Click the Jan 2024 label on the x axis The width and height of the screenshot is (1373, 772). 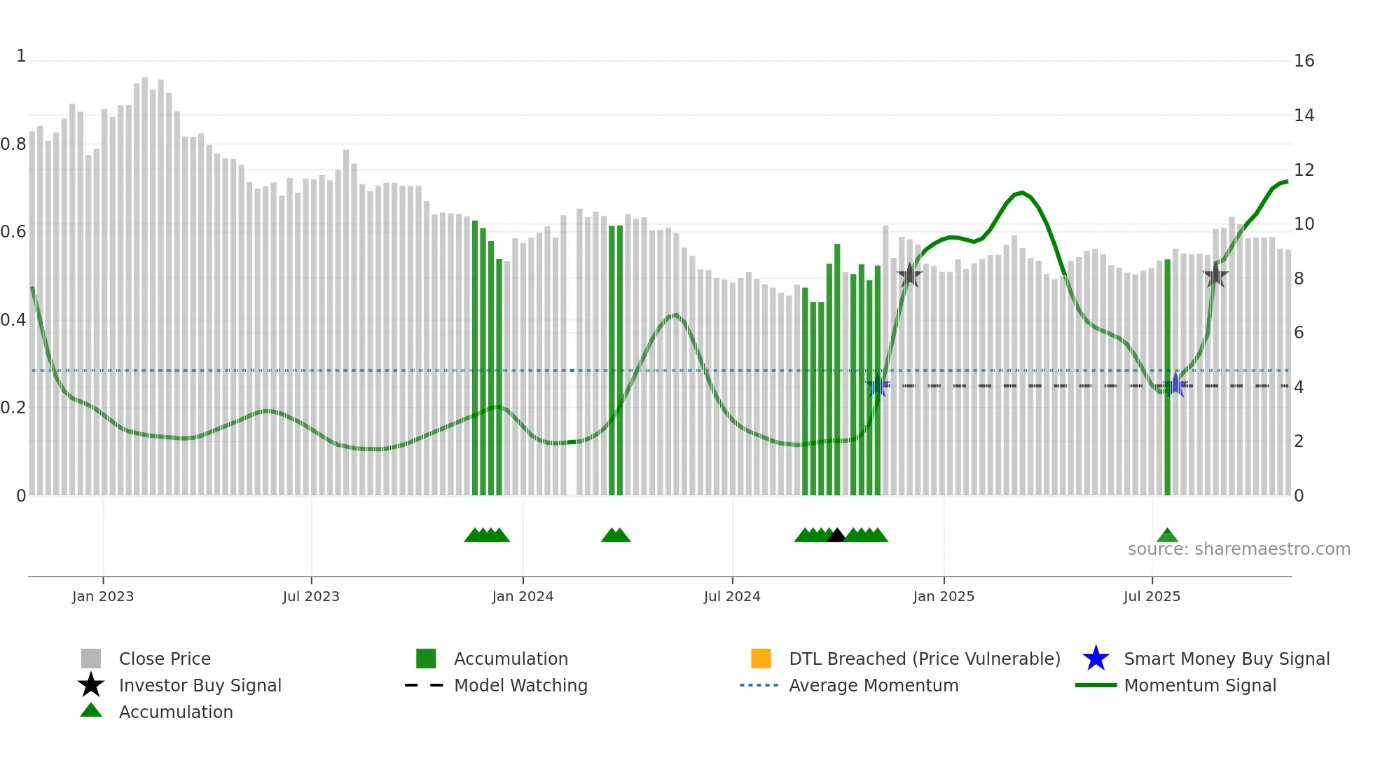[x=523, y=596]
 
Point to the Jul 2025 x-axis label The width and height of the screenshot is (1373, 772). [x=1152, y=596]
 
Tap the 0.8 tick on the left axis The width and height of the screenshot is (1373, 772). [x=13, y=144]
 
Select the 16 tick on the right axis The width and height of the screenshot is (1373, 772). [x=1304, y=61]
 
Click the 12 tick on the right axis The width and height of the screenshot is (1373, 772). [x=1304, y=170]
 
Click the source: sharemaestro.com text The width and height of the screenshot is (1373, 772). [x=1239, y=549]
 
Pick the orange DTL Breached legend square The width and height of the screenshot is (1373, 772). [x=761, y=659]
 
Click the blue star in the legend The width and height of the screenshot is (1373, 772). [x=1096, y=659]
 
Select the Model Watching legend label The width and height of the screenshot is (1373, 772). [x=520, y=685]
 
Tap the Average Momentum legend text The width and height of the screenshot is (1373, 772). [x=874, y=685]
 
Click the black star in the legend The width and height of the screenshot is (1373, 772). [x=91, y=685]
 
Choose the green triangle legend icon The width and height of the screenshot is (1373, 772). [x=91, y=710]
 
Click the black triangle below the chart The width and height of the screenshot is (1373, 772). [x=836, y=536]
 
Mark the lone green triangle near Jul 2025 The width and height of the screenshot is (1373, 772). [x=1167, y=536]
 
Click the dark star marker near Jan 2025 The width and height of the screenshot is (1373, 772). [x=909, y=275]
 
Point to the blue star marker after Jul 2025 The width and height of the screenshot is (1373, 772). [x=1175, y=385]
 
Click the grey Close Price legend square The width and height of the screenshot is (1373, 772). [x=91, y=659]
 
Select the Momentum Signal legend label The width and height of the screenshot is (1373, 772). [x=1200, y=685]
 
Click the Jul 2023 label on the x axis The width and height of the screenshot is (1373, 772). [x=311, y=596]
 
